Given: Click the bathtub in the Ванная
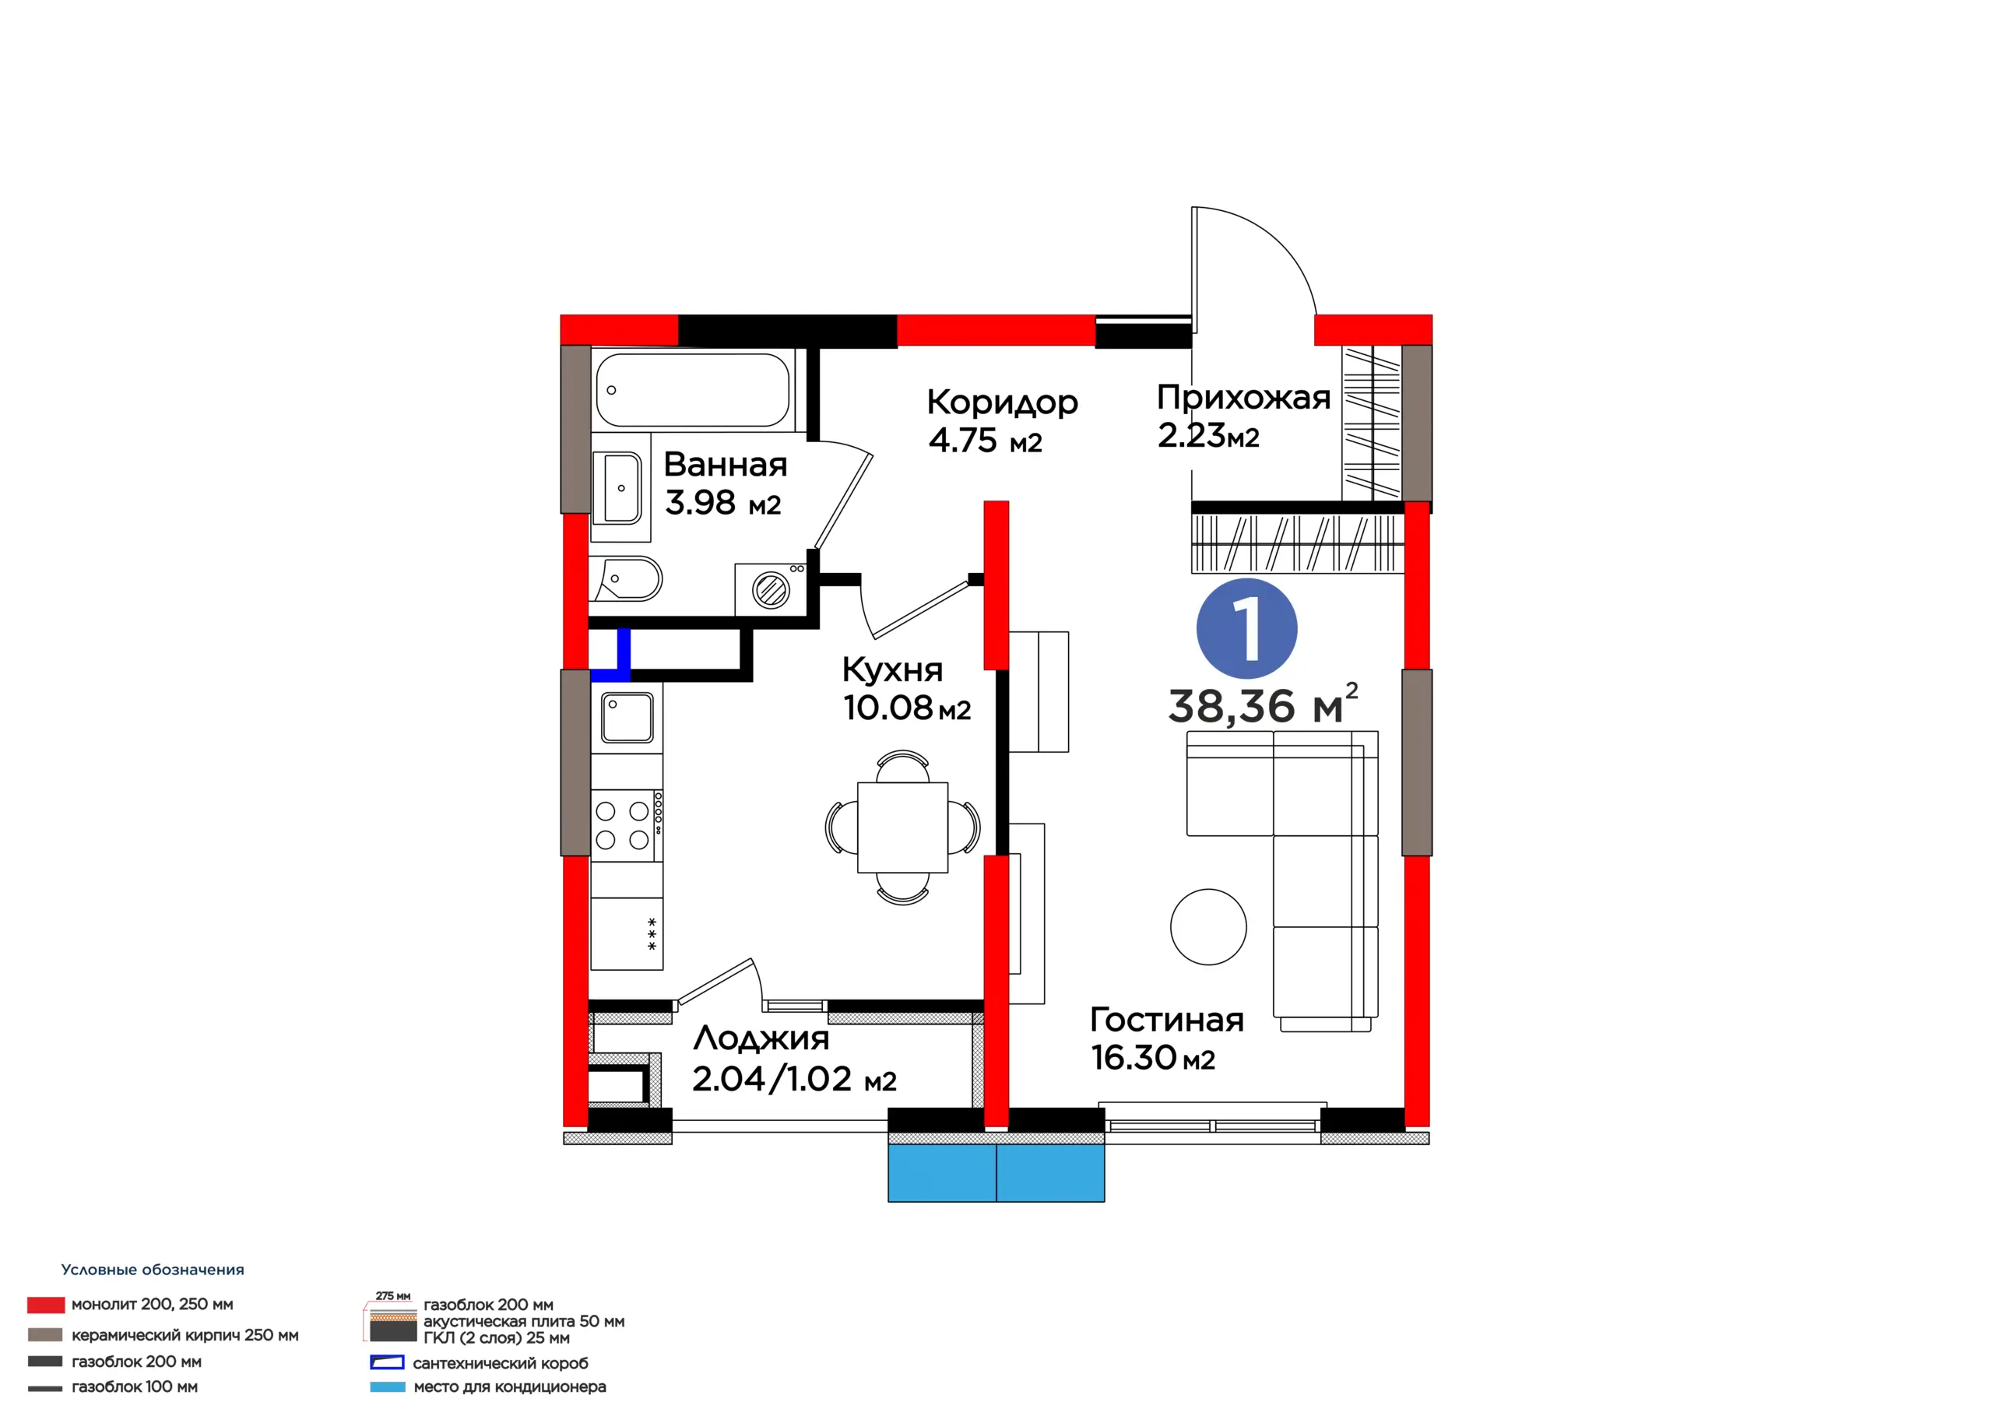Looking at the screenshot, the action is pos(693,390).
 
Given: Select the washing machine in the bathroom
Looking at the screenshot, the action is pos(771,589).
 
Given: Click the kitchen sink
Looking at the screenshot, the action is pos(627,717).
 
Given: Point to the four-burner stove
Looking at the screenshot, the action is pos(627,824).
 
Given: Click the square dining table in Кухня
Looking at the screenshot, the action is pos(903,827).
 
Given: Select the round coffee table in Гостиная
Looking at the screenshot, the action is pos(1208,927).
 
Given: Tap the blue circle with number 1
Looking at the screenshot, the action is pos(1246,628).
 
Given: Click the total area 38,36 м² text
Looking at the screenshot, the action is pos(1263,704).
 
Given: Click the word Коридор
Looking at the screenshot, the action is pos(1003,402).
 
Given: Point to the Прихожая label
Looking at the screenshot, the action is pos(1244,397).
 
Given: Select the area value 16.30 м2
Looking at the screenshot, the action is pos(1153,1057).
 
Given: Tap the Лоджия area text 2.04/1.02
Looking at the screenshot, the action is pos(772,1078).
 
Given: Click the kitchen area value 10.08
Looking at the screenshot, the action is pos(888,708).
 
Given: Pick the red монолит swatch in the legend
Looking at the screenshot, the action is pos(46,1305).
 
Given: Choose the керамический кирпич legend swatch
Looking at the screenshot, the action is pos(45,1334).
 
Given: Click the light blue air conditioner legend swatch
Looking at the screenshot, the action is pos(387,1387).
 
